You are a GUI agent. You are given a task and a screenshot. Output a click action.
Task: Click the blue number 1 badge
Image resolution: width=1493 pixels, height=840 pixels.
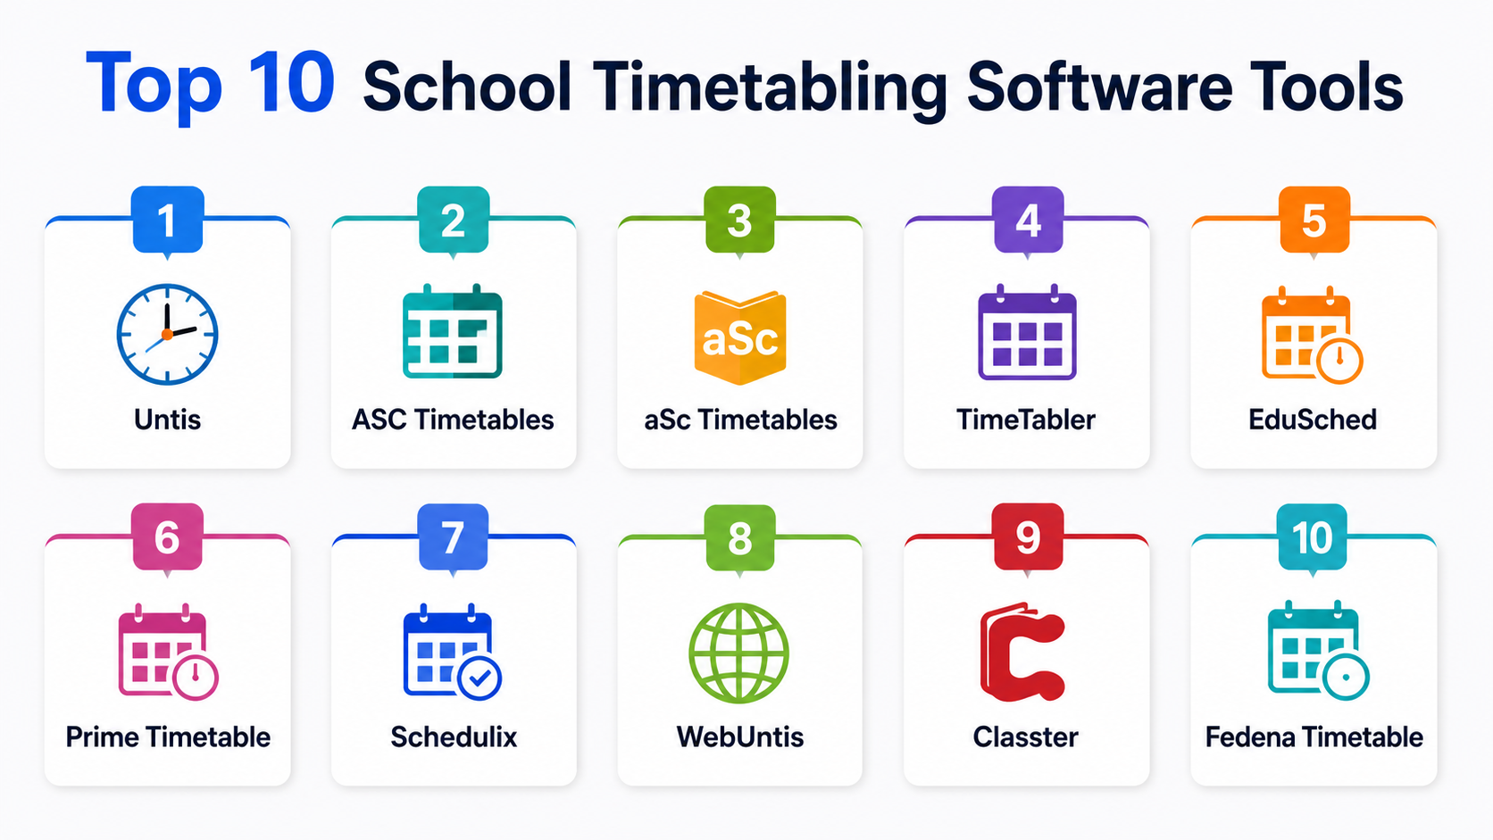click(x=167, y=220)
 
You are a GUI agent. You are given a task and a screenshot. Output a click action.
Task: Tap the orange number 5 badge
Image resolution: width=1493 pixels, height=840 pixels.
click(x=1314, y=220)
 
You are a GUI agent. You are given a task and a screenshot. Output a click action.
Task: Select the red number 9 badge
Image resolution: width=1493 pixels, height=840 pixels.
click(x=1028, y=536)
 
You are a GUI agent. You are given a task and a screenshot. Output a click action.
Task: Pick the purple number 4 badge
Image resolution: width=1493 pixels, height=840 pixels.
click(x=1028, y=220)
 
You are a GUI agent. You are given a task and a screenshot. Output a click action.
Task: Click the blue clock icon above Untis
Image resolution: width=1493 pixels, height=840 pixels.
click(x=167, y=335)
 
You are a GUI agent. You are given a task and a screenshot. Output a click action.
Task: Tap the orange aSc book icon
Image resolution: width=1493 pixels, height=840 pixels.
click(x=740, y=337)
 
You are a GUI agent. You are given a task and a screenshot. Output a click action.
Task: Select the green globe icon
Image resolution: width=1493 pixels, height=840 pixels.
click(x=739, y=653)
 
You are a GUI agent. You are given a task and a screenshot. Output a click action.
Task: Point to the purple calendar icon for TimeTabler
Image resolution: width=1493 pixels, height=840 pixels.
click(x=1027, y=332)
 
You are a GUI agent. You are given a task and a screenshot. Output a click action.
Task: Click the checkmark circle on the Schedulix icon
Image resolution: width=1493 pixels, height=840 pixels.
click(x=480, y=678)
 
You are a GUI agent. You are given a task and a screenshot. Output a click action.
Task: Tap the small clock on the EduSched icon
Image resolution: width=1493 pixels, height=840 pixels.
click(x=1339, y=361)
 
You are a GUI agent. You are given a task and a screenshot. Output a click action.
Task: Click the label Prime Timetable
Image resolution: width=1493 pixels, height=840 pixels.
click(x=168, y=737)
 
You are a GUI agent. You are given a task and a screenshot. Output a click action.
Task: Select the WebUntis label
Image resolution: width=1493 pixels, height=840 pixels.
click(x=740, y=737)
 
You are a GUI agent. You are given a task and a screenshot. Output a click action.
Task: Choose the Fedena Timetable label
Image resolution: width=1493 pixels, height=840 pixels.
click(x=1314, y=737)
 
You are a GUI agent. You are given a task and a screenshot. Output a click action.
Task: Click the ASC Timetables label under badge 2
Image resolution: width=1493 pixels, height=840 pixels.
click(x=454, y=420)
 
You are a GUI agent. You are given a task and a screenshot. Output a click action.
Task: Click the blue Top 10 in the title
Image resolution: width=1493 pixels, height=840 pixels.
click(x=210, y=86)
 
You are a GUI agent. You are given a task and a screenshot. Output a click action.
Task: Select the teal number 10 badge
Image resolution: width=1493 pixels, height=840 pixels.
click(x=1313, y=536)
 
